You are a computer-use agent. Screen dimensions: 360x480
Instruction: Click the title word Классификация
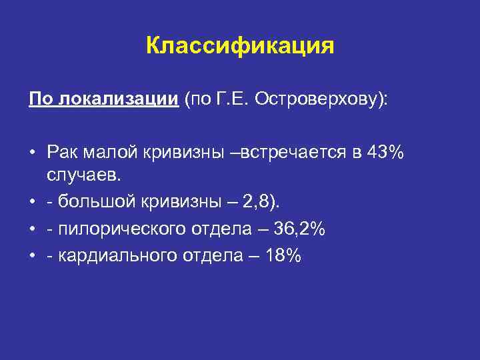[x=239, y=46]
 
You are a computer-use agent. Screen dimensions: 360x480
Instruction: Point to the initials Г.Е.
[x=229, y=99]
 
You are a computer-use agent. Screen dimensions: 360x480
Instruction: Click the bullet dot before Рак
[x=32, y=152]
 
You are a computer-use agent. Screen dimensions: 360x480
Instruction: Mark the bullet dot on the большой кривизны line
[x=32, y=201]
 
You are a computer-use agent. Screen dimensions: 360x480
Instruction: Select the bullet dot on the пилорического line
[x=32, y=229]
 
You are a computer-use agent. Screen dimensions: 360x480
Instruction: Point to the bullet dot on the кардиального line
[x=32, y=257]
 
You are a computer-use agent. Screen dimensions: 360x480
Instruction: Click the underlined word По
[x=39, y=99]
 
